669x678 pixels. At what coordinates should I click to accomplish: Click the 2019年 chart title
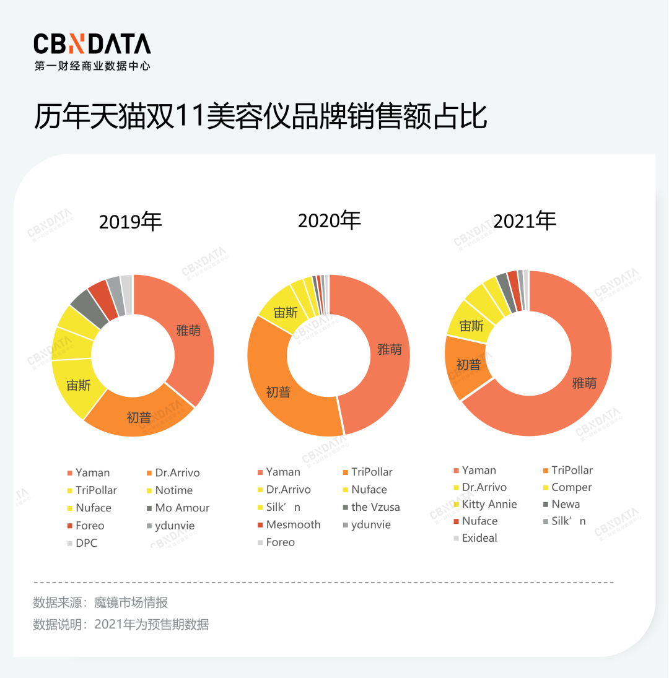click(x=130, y=221)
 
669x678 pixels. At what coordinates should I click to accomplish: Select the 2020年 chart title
click(x=329, y=220)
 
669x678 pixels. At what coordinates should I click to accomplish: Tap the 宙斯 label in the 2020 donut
click(x=286, y=313)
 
